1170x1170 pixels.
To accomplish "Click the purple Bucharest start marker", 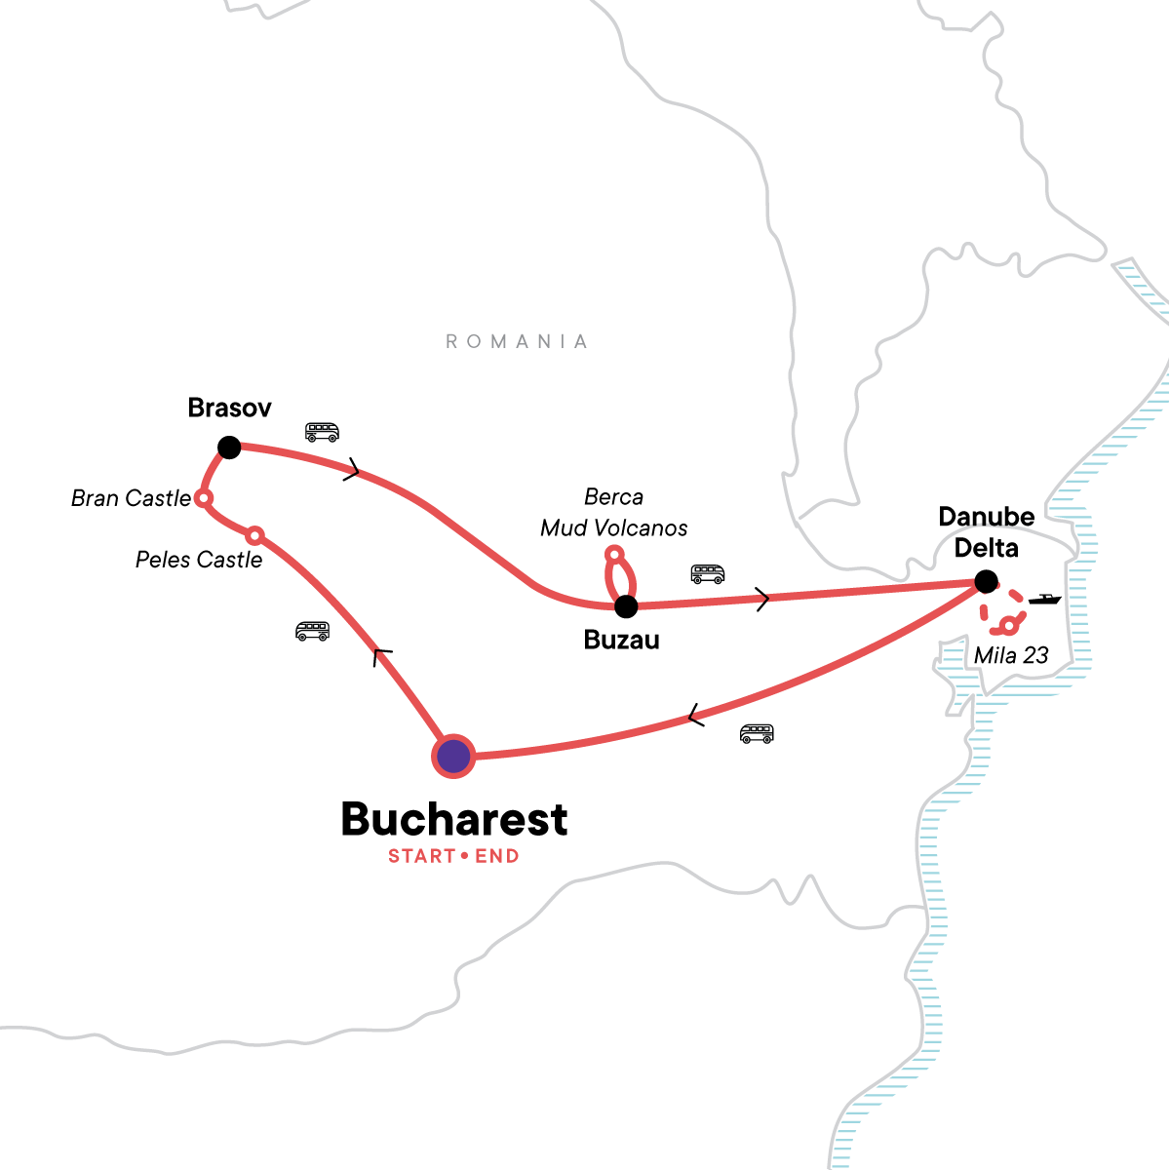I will [x=453, y=756].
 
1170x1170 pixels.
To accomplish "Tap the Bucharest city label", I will [x=453, y=819].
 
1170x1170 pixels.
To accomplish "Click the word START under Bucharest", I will [x=421, y=857].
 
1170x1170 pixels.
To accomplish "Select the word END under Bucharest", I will [x=497, y=857].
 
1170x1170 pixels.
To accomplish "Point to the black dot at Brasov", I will [x=229, y=448].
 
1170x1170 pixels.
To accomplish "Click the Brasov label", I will [x=229, y=408].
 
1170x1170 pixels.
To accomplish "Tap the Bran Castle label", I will [x=131, y=498].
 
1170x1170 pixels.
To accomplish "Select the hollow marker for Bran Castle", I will [x=204, y=498].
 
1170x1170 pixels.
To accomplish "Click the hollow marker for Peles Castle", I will [x=254, y=535].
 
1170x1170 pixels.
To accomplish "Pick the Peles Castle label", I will [x=199, y=560].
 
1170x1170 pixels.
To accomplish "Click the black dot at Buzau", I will [x=626, y=606].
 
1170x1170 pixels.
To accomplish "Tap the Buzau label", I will [x=621, y=640].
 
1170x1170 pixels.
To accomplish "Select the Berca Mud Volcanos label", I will [x=614, y=513].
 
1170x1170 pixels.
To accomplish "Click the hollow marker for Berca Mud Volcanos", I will [x=614, y=555].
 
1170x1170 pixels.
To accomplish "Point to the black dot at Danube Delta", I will [x=986, y=582].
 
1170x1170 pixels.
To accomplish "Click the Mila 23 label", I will [x=1011, y=655].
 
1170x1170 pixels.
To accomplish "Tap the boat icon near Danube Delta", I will [x=1044, y=599].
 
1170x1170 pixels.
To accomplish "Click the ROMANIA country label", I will [x=517, y=341].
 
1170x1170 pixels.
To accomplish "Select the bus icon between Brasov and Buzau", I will [x=322, y=432].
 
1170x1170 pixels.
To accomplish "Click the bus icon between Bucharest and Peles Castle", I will [x=312, y=631].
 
